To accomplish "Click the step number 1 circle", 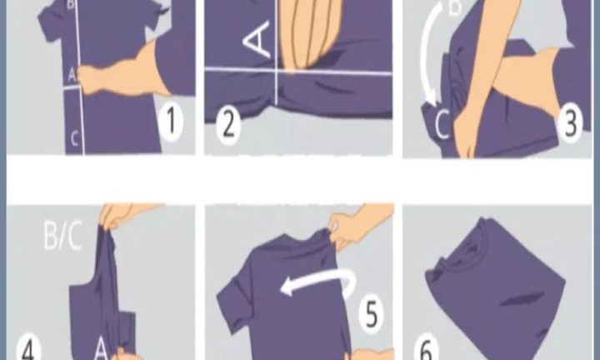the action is [170, 122].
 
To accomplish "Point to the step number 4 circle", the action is [29, 347].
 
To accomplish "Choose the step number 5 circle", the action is [372, 313].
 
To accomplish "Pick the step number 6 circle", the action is [427, 347].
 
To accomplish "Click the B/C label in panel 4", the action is [62, 236].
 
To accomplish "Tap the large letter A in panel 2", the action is [257, 39].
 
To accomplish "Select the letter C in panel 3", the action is [442, 124].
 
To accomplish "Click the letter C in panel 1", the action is [75, 138].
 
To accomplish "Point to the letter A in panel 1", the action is [72, 75].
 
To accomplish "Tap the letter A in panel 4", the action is [101, 348].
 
